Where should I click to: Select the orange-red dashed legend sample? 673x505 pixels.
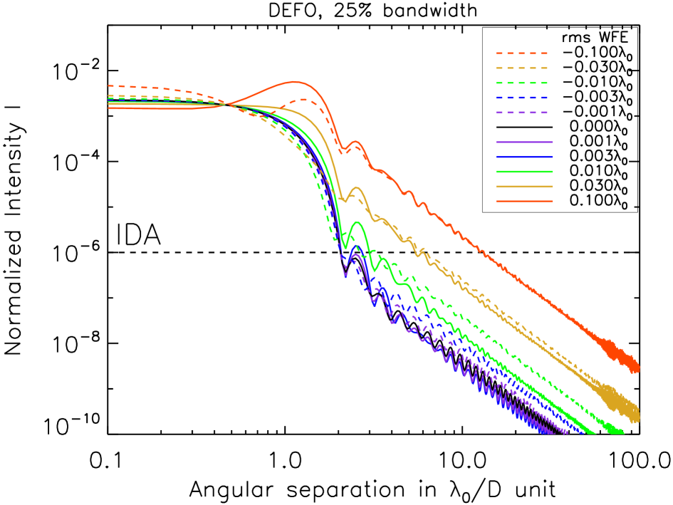pyautogui.click(x=522, y=53)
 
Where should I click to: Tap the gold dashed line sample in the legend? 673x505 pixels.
pyautogui.click(x=522, y=68)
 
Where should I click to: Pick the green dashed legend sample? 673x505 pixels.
pyautogui.click(x=522, y=83)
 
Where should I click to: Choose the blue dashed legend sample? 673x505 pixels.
pyautogui.click(x=522, y=98)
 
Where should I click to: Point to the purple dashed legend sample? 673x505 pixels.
pyautogui.click(x=522, y=113)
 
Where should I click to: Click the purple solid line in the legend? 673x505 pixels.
pyautogui.click(x=524, y=142)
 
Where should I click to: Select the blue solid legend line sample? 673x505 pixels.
pyautogui.click(x=524, y=157)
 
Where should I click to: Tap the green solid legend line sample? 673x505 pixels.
pyautogui.click(x=524, y=172)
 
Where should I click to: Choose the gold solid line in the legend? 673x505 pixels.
pyautogui.click(x=524, y=187)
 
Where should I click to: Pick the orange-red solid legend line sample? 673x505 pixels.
pyautogui.click(x=524, y=202)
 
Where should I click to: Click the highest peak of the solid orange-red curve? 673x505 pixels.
pyautogui.click(x=294, y=82)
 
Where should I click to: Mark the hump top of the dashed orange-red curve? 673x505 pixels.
pyautogui.click(x=303, y=100)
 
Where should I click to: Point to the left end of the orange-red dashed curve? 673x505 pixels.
pyautogui.click(x=109, y=86)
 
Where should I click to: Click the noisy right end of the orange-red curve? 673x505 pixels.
pyautogui.click(x=635, y=367)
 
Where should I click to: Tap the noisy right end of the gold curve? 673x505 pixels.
pyautogui.click(x=634, y=415)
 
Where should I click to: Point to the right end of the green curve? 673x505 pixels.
pyautogui.click(x=621, y=432)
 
